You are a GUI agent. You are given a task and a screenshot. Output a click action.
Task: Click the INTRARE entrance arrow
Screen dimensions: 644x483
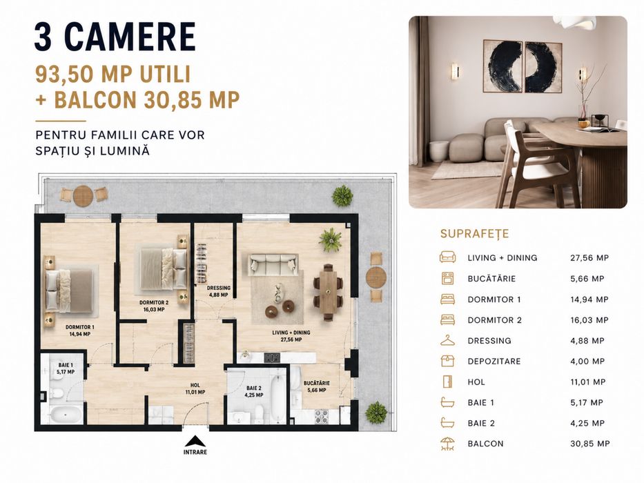(195, 441)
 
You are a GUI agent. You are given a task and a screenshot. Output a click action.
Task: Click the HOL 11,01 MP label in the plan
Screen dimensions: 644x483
(195, 388)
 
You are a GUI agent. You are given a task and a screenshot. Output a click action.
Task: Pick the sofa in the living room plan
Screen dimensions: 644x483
(273, 264)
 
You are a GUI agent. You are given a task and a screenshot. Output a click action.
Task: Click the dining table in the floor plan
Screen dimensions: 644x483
(328, 293)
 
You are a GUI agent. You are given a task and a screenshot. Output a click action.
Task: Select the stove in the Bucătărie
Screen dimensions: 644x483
(322, 416)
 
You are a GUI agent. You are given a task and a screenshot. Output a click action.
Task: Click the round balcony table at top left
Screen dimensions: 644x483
(84, 196)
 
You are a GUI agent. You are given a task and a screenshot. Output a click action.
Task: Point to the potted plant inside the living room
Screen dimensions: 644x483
(331, 240)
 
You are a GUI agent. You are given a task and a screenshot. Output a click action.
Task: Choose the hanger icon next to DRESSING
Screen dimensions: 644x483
(447, 340)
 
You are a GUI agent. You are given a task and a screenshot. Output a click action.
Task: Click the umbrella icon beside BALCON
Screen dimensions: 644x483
(447, 444)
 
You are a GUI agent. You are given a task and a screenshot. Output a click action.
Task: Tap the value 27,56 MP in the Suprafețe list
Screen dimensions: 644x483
(589, 258)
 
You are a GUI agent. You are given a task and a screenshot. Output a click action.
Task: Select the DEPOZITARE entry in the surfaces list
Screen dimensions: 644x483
(494, 362)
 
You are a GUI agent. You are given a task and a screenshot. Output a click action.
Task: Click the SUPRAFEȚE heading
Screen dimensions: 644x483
(474, 234)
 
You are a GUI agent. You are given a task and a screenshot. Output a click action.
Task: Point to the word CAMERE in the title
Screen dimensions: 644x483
(130, 37)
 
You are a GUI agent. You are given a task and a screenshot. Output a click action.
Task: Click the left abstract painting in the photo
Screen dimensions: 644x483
(502, 66)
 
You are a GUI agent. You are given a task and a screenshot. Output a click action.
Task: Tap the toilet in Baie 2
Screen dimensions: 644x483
(259, 413)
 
